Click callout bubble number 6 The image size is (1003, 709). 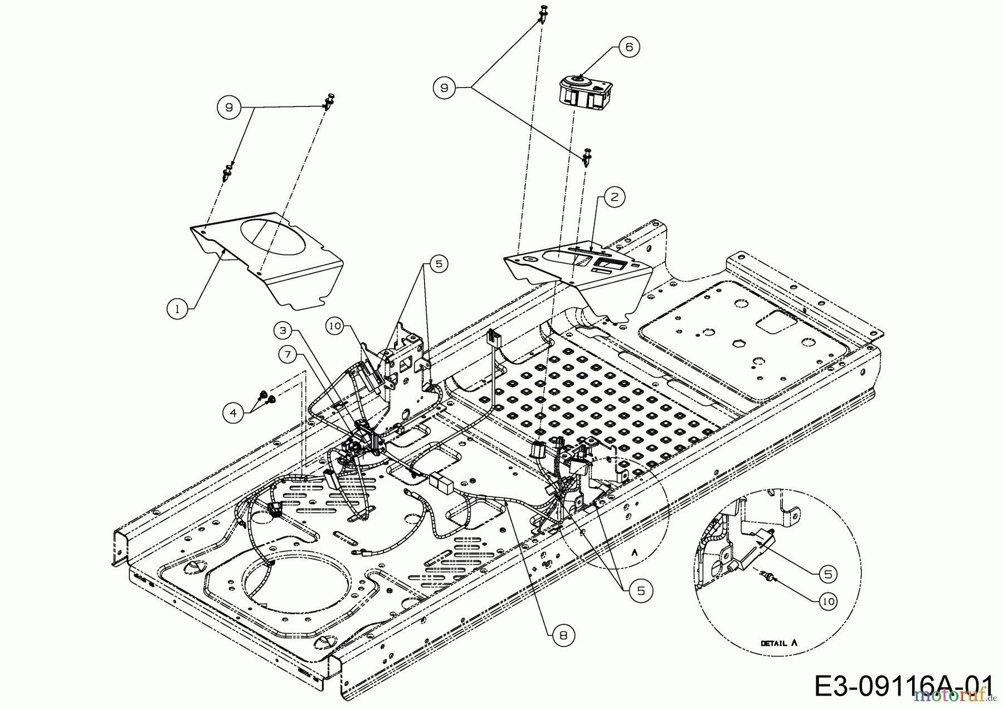629,47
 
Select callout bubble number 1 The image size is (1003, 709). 178,308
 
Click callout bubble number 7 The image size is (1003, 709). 288,353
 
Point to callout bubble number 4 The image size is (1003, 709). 233,413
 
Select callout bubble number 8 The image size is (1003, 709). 564,635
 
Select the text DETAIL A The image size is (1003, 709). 779,643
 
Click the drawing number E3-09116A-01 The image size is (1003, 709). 903,686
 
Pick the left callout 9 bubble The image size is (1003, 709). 228,108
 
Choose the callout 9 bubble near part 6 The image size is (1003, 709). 444,88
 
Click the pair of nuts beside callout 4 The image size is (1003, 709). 266,397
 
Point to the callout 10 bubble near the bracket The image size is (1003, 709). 334,327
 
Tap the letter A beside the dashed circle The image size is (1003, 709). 634,552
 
